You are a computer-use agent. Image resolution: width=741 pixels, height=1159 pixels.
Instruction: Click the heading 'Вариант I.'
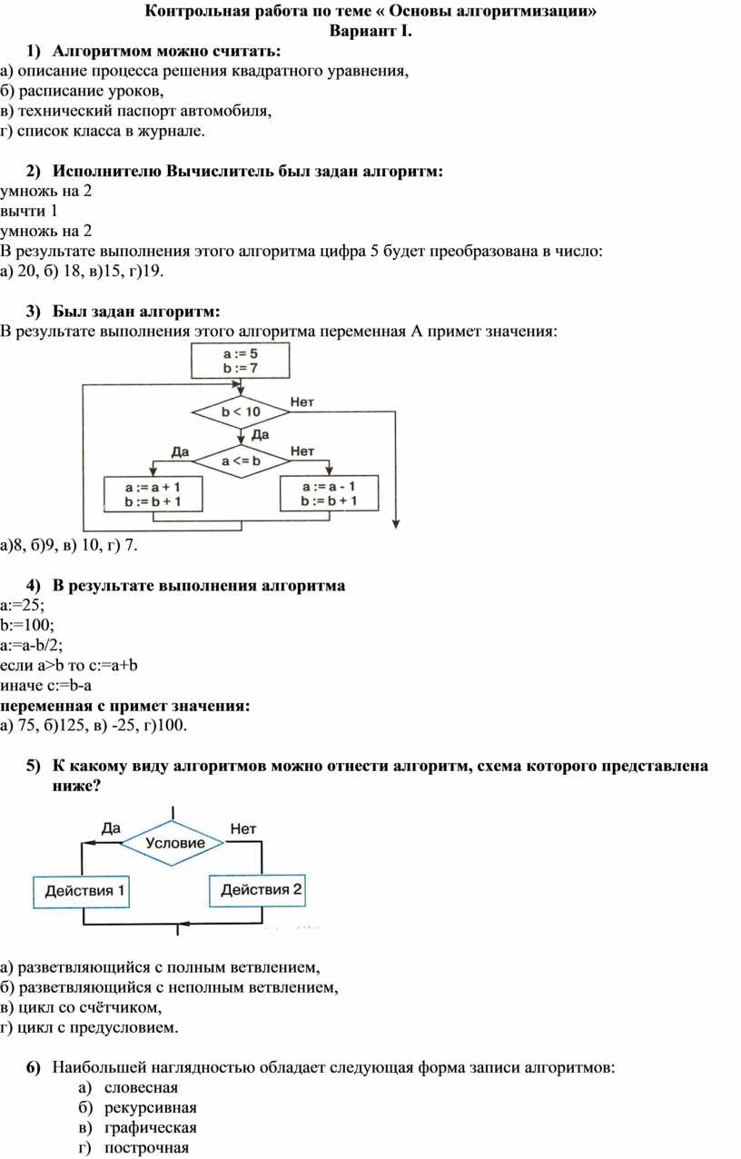(x=370, y=31)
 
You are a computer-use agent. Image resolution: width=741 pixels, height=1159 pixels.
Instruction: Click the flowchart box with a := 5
(x=241, y=361)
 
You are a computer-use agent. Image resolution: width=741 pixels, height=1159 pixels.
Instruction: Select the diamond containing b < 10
(x=241, y=411)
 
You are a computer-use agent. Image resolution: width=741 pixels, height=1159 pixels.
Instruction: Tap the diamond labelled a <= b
(x=241, y=461)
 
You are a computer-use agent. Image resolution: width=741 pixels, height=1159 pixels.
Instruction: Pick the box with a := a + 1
(x=153, y=494)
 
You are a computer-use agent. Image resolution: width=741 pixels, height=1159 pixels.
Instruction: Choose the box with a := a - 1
(x=329, y=493)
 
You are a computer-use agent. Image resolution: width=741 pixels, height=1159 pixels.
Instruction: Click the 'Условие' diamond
(x=173, y=843)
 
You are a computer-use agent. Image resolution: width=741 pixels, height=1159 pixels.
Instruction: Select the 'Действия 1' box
(x=81, y=891)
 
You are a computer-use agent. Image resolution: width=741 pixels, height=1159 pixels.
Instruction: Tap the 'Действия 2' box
(x=257, y=890)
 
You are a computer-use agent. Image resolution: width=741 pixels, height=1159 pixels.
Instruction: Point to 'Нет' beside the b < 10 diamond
(x=302, y=402)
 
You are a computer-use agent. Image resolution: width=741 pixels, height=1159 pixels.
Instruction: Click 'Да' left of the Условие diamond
(x=111, y=828)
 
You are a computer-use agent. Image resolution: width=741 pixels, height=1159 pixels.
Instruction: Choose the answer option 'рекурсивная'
(x=151, y=1107)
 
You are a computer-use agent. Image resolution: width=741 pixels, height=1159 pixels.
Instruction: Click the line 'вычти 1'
(x=29, y=211)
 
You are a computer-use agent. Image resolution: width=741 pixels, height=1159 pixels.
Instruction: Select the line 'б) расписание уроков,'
(x=82, y=91)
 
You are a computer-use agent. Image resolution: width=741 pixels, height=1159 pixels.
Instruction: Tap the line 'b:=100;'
(x=27, y=625)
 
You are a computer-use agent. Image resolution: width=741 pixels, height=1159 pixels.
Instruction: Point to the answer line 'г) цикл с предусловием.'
(x=89, y=1027)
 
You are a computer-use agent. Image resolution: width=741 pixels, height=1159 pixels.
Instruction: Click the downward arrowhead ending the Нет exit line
(x=396, y=525)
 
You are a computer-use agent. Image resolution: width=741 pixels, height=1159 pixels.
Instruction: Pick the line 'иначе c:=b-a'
(x=46, y=686)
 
